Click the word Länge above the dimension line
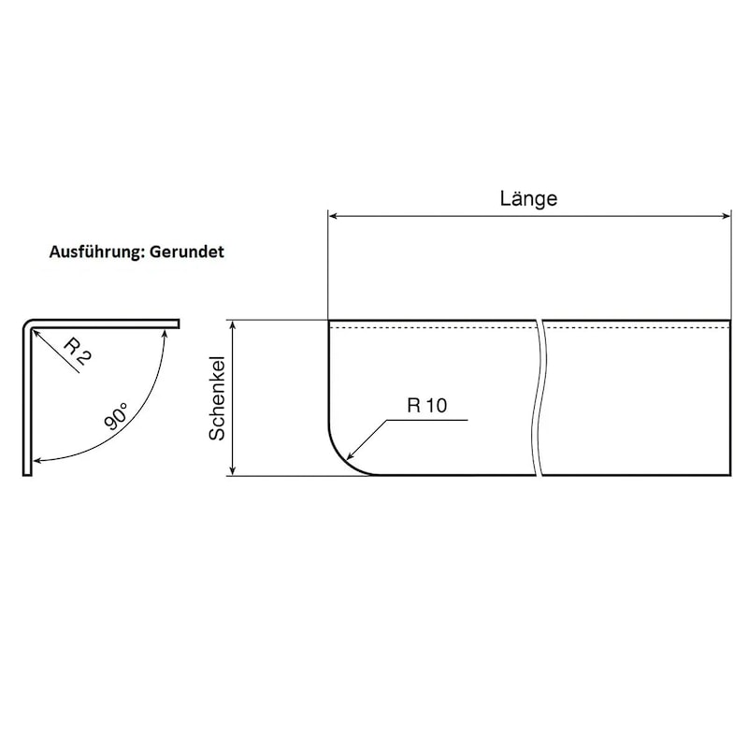click(x=528, y=198)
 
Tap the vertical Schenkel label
click(x=217, y=398)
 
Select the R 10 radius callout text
click(x=427, y=406)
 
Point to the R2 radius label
click(x=77, y=352)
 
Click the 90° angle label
click(x=116, y=416)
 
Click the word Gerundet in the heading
click(x=186, y=252)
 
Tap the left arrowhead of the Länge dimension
click(x=333, y=216)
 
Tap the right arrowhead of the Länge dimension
click(x=726, y=216)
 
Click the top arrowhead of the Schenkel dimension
click(x=233, y=324)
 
